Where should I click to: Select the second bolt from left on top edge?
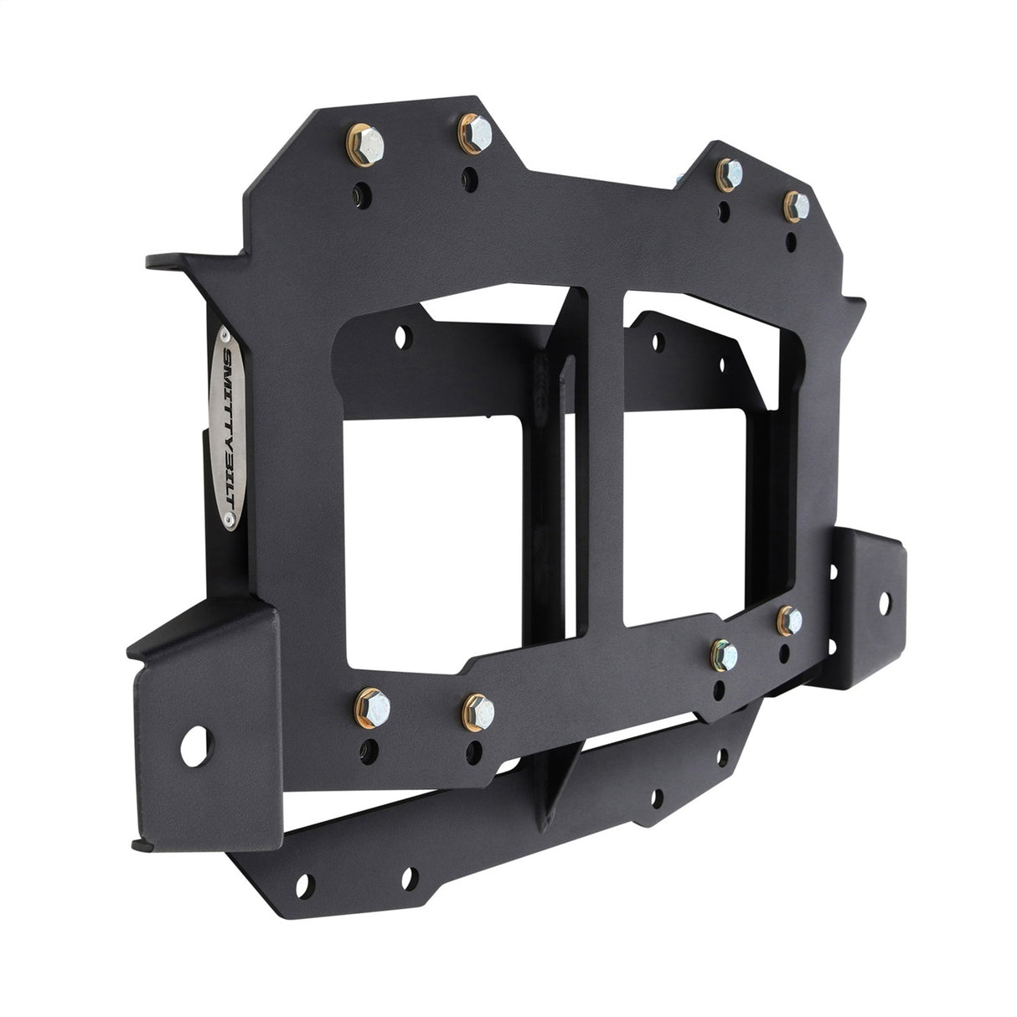pos(472,134)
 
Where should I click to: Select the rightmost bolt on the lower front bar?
pos(789,621)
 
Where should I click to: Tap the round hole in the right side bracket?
pos(885,601)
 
